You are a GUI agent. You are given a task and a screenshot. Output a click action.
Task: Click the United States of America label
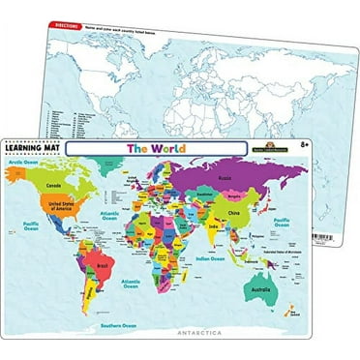(76, 206)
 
